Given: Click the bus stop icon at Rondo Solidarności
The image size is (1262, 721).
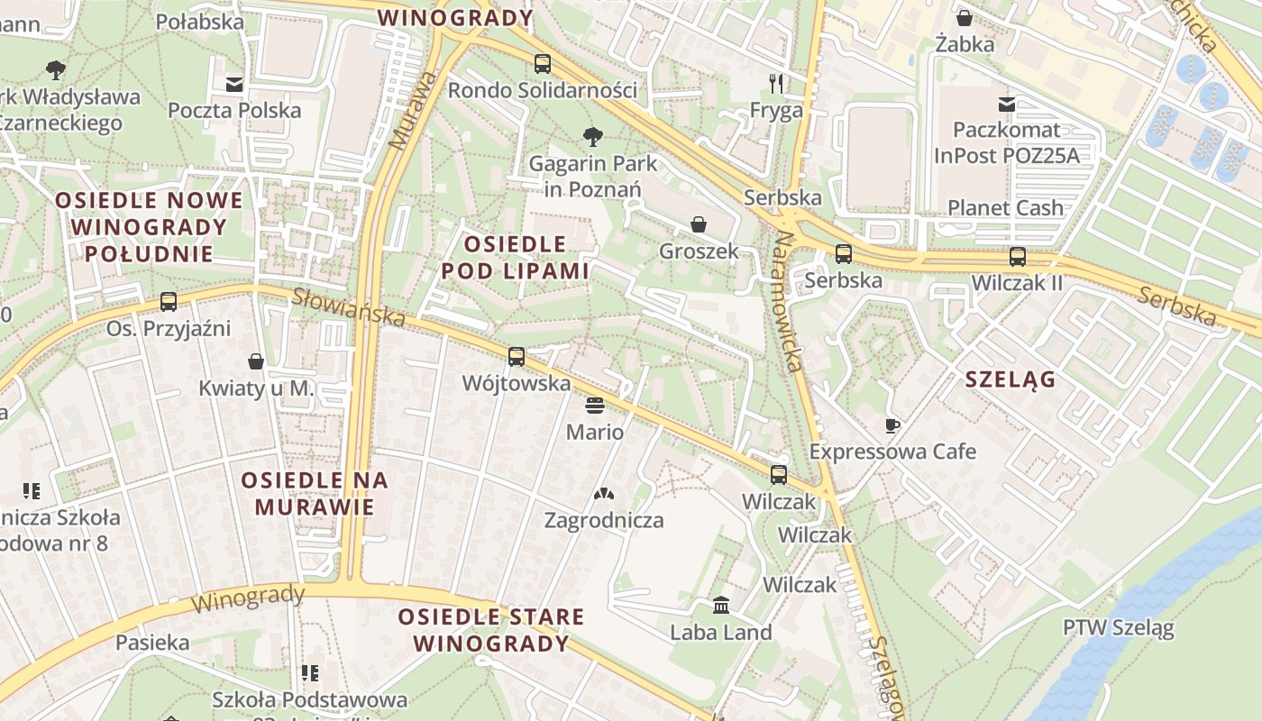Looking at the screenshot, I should pyautogui.click(x=542, y=64).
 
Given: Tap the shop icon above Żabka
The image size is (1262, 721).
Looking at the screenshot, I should pyautogui.click(x=965, y=18).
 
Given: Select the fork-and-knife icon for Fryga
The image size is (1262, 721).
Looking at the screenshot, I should pyautogui.click(x=776, y=84).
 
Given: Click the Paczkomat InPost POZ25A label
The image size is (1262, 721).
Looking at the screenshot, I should pyautogui.click(x=1006, y=142).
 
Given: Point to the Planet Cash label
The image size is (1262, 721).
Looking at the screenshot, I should pyautogui.click(x=1005, y=207).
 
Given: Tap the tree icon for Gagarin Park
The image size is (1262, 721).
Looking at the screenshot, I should pyautogui.click(x=593, y=137).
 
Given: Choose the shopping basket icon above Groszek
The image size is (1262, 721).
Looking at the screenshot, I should pyautogui.click(x=699, y=224).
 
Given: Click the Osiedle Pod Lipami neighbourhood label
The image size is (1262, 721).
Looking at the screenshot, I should pyautogui.click(x=515, y=257).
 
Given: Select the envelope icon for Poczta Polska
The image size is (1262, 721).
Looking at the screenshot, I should pyautogui.click(x=234, y=85).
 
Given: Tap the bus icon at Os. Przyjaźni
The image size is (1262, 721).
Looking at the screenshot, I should pyautogui.click(x=169, y=302).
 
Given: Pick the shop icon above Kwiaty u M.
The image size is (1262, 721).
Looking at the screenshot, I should pyautogui.click(x=256, y=361).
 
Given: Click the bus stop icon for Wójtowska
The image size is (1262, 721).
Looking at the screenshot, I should pyautogui.click(x=517, y=356).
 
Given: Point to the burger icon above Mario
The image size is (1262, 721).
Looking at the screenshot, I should pyautogui.click(x=594, y=406).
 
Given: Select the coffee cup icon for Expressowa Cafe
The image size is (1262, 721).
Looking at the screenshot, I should pyautogui.click(x=892, y=424).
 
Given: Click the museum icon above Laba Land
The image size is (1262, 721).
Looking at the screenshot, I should pyautogui.click(x=721, y=605).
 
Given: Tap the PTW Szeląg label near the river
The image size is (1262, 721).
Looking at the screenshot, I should pyautogui.click(x=1118, y=627).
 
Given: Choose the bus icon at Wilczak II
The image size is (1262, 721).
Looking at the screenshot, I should pyautogui.click(x=1018, y=256).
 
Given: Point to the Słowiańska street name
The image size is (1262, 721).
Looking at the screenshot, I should pyautogui.click(x=349, y=306).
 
